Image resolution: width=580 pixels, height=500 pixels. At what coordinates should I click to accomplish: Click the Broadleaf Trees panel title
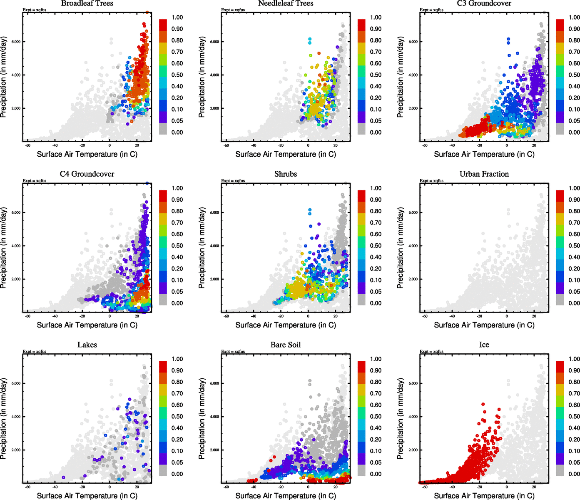pyautogui.click(x=87, y=3)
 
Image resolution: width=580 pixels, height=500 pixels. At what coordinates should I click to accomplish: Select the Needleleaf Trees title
pyautogui.click(x=286, y=3)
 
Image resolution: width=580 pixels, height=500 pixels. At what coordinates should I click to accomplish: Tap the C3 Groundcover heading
pyautogui.click(x=484, y=3)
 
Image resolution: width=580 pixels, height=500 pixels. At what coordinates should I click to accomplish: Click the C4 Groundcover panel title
pyautogui.click(x=87, y=174)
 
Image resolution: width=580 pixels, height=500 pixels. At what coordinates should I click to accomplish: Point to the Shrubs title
pyautogui.click(x=286, y=174)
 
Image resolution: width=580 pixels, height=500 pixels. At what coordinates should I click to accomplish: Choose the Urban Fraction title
pyautogui.click(x=484, y=174)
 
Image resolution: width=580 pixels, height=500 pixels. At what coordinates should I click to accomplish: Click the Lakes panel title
pyautogui.click(x=87, y=345)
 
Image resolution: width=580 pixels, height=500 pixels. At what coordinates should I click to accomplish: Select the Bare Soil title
pyautogui.click(x=286, y=345)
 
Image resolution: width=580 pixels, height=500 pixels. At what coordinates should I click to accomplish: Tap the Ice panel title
pyautogui.click(x=484, y=345)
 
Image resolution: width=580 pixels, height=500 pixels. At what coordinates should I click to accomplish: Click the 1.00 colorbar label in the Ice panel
pyautogui.click(x=574, y=359)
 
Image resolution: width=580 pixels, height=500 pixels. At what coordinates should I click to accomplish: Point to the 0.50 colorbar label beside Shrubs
pyautogui.click(x=376, y=246)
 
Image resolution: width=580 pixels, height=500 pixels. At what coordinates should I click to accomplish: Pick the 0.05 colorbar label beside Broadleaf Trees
pyautogui.click(x=177, y=121)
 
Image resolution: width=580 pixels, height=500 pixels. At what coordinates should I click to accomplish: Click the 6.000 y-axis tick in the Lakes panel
pyautogui.click(x=16, y=383)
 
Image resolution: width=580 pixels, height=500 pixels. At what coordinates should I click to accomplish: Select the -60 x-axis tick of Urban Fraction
pyautogui.click(x=425, y=317)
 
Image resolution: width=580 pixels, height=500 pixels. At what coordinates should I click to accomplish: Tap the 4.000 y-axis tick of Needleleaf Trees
pyautogui.click(x=214, y=75)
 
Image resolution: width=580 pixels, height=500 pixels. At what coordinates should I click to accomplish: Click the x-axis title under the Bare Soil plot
pyautogui.click(x=286, y=496)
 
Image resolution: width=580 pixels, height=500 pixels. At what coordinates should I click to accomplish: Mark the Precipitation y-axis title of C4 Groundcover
pyautogui.click(x=4, y=248)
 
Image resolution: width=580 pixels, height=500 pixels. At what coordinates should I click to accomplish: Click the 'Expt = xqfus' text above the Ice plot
pyautogui.click(x=431, y=352)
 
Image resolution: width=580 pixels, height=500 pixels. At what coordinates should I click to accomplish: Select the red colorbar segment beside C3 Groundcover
pyautogui.click(x=560, y=25)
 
